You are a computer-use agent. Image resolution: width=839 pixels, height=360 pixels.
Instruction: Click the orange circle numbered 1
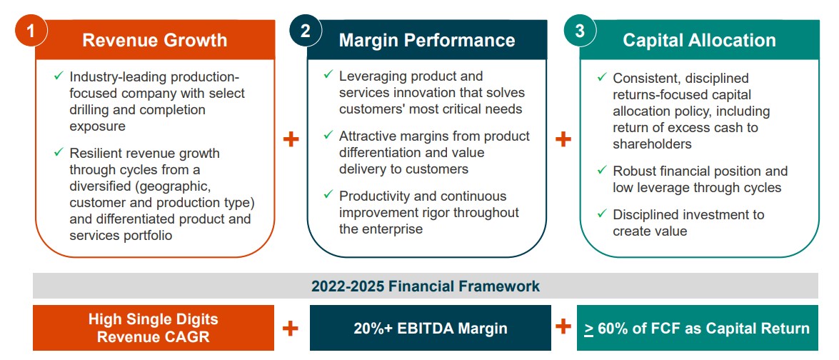[31, 31]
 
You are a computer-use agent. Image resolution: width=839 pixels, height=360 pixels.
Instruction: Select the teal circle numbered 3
[579, 31]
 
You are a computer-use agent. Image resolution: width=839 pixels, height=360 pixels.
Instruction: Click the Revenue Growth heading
[154, 40]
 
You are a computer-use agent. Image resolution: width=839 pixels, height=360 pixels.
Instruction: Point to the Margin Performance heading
[426, 40]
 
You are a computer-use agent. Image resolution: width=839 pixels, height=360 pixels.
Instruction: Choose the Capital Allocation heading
[699, 40]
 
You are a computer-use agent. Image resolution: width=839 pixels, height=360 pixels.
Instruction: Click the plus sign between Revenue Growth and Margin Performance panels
[291, 139]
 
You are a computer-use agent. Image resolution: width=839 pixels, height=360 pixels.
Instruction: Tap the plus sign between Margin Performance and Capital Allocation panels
[563, 139]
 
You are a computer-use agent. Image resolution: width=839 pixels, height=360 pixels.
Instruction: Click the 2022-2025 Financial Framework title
[426, 286]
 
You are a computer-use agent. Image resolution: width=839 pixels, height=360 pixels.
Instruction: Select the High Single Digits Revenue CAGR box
[154, 328]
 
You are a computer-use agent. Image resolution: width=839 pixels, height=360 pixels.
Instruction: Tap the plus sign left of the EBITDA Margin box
[291, 328]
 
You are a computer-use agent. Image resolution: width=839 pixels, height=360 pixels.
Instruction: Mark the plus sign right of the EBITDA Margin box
[563, 327]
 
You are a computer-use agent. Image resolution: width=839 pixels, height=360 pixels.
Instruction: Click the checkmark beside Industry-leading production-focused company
[59, 75]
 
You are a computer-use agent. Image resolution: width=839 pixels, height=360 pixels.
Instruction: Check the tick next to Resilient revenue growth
[59, 152]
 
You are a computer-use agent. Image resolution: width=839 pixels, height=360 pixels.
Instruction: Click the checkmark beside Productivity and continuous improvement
[328, 194]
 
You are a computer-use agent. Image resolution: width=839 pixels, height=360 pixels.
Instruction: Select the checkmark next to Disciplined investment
[601, 214]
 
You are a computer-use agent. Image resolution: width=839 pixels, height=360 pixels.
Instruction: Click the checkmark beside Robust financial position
[601, 170]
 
